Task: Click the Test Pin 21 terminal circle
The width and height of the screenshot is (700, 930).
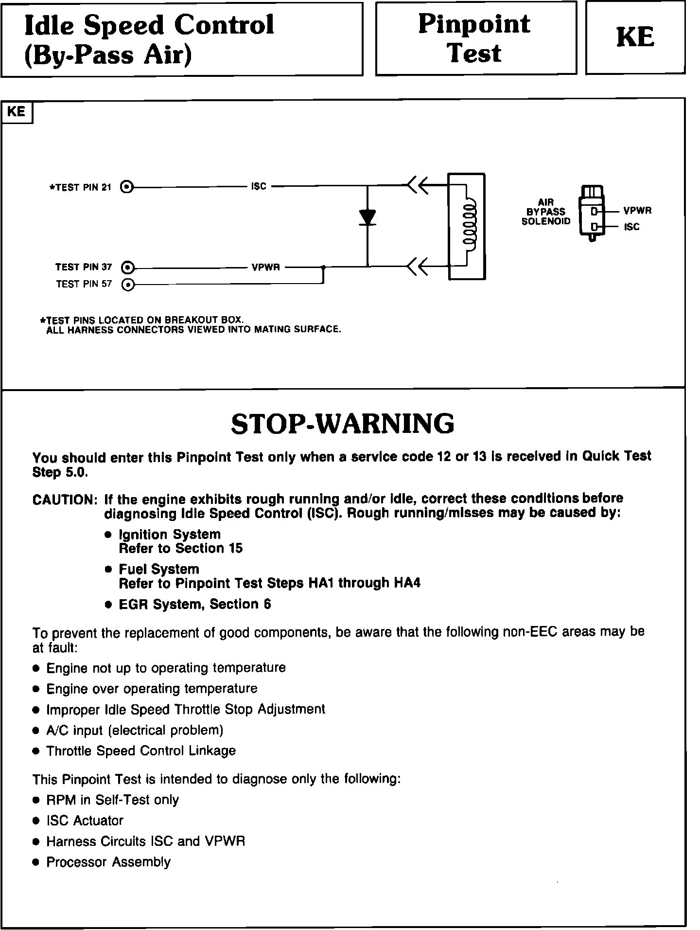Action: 127,186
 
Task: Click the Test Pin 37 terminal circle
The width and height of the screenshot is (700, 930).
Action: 127,267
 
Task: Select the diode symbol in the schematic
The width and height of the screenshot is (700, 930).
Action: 367,217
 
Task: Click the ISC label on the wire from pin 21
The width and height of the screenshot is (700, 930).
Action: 259,186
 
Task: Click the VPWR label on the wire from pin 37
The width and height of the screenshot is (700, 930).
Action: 265,267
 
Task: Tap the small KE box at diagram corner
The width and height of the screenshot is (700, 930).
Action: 17,112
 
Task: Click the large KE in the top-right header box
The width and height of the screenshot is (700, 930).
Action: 635,37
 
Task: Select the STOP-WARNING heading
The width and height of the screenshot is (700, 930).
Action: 343,424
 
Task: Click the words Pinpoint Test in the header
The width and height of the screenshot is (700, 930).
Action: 474,38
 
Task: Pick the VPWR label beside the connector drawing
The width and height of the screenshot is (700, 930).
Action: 637,211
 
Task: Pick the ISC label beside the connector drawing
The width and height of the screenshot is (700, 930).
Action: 631,227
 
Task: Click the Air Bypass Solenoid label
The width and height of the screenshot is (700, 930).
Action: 546,212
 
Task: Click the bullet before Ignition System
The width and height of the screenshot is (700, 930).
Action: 109,535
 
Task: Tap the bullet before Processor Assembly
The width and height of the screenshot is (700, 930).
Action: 35,862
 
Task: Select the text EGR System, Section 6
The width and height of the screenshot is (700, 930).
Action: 195,604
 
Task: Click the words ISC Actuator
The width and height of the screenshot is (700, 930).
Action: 85,821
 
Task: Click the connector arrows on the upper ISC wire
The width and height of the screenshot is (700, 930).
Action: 418,185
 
